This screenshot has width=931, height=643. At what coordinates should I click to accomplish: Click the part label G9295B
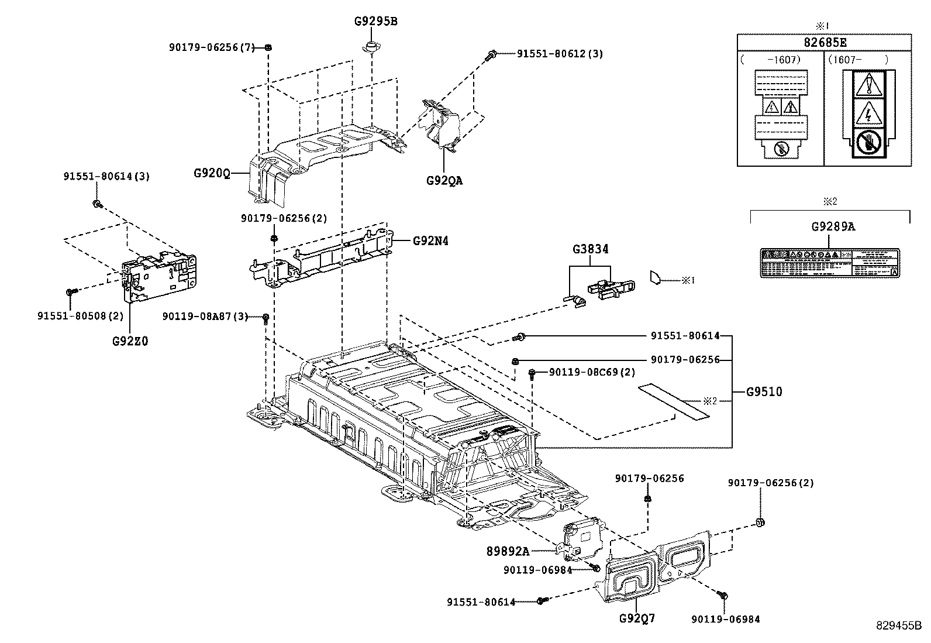coord(375,22)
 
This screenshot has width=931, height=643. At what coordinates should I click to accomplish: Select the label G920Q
coord(212,173)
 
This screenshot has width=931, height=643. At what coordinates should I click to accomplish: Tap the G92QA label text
coord(444,181)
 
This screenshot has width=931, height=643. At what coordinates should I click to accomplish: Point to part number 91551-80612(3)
coord(560,54)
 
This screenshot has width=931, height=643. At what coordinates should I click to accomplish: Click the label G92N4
coord(430,240)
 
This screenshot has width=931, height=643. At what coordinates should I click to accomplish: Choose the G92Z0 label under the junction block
coord(130,341)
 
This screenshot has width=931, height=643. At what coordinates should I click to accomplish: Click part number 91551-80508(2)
coord(81,315)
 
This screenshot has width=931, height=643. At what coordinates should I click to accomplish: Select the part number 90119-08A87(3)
coord(205,317)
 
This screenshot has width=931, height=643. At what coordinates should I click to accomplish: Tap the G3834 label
coord(590,249)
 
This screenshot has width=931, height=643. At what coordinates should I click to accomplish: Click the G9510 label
coord(764,392)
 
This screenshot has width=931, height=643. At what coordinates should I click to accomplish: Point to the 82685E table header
coord(824,43)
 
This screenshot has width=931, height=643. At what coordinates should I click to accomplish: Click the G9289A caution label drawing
coord(829,262)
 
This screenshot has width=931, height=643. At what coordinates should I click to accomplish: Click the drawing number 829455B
coord(898,625)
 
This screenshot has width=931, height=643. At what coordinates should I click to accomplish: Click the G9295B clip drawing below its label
coord(370,46)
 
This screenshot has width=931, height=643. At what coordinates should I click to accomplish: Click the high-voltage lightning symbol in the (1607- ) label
coord(869,113)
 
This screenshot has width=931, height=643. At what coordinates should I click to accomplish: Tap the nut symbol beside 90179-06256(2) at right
coord(761,522)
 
